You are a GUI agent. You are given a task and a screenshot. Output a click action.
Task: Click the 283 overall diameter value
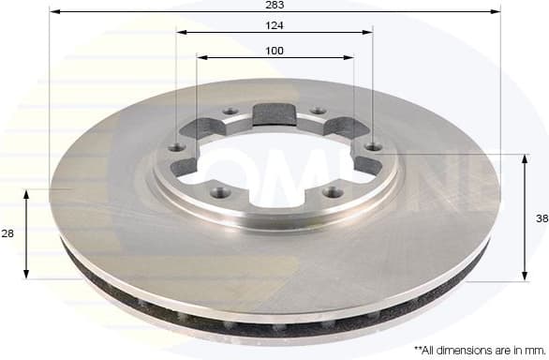[275, 6]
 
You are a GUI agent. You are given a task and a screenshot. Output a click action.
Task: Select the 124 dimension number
[275, 25]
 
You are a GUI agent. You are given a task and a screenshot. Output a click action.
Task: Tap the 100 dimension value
[275, 51]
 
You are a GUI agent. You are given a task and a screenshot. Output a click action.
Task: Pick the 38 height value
[541, 217]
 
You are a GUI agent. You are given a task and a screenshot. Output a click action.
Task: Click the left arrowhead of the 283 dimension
[53, 12]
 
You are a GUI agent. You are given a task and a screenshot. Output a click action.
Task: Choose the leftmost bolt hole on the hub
[174, 147]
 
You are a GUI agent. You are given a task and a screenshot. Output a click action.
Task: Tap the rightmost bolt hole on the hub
[375, 146]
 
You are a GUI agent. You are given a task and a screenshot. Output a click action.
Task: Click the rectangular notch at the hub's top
[274, 115]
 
